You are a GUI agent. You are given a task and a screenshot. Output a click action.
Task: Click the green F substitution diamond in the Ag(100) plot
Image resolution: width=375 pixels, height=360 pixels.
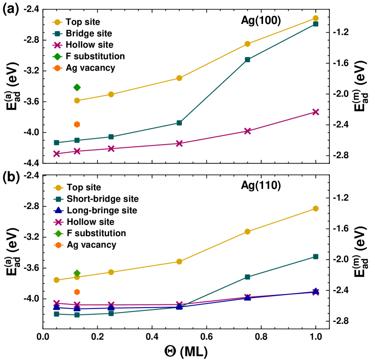point(77,87)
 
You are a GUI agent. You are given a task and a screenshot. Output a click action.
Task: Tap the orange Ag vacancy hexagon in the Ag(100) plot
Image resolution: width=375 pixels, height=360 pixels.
point(77,124)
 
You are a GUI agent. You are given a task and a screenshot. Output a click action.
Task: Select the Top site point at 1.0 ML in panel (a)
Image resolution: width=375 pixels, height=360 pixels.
point(316,18)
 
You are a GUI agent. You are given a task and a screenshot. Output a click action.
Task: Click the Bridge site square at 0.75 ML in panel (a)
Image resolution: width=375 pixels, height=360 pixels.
point(248,60)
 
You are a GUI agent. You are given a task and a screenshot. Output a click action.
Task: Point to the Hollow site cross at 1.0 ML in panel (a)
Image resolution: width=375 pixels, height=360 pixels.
point(316,112)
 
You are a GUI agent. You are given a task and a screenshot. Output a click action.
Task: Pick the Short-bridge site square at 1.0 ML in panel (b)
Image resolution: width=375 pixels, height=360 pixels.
point(316,257)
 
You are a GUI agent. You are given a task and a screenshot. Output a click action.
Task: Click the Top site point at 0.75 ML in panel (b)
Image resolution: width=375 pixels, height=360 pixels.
point(248,232)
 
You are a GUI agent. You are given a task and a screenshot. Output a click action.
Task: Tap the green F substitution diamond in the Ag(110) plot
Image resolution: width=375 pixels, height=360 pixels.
point(77,273)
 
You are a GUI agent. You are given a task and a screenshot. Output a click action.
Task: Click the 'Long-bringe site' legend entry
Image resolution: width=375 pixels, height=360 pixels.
point(102,210)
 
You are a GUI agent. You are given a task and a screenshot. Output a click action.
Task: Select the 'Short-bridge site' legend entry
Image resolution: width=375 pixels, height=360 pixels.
point(102,199)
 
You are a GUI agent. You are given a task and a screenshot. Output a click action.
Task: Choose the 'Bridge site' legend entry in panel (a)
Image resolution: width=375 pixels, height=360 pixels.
point(88,33)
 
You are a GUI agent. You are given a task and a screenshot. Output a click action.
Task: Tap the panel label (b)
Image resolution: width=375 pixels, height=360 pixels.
point(11,177)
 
